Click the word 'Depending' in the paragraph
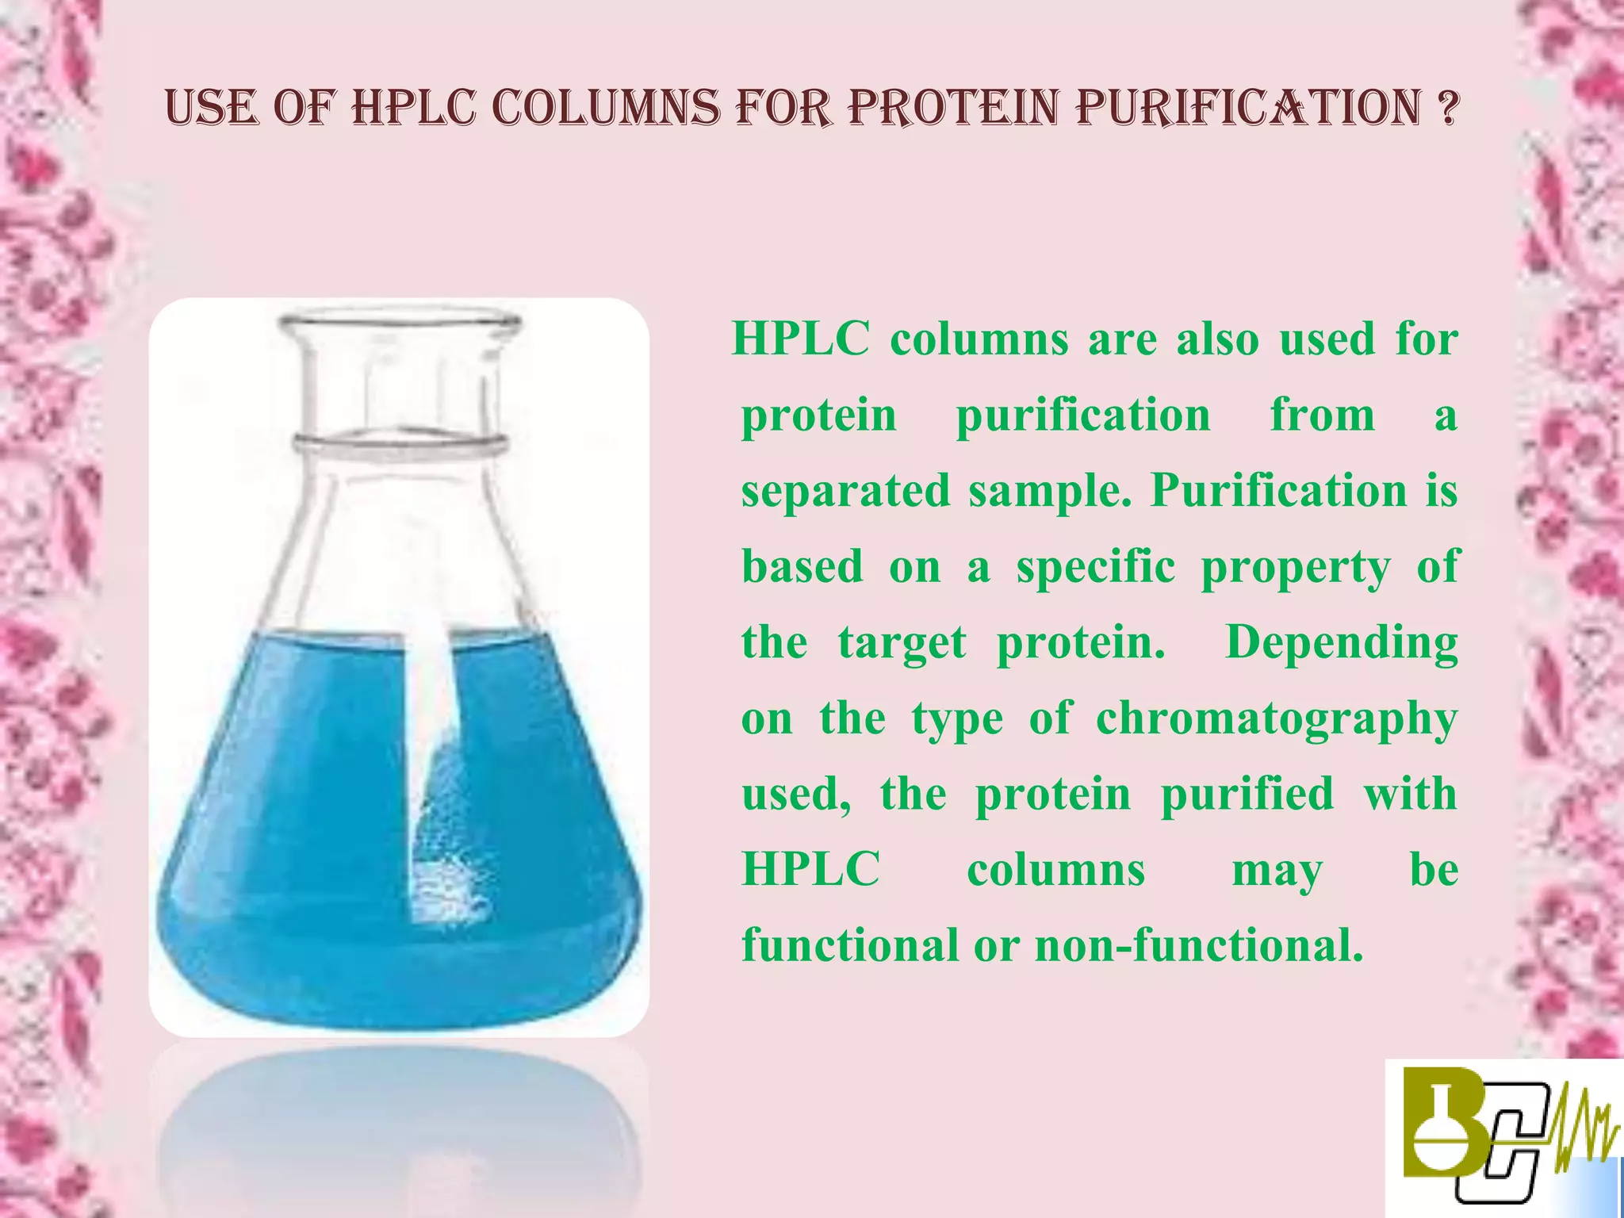(x=1341, y=643)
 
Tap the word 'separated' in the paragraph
(x=845, y=492)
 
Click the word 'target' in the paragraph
(x=902, y=643)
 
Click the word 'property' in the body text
(x=1296, y=568)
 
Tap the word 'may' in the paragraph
(x=1277, y=871)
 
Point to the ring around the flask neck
(x=399, y=444)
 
